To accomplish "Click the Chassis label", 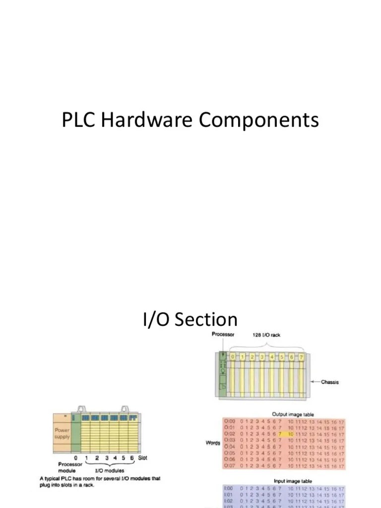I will [330, 382].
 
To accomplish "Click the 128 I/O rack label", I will [266, 335].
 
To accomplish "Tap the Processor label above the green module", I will [223, 334].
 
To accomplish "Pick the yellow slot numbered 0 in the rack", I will [232, 357].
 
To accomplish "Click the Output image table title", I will [293, 414].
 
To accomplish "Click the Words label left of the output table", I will [213, 443].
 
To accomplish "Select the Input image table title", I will [293, 481].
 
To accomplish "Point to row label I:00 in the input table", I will [229, 488].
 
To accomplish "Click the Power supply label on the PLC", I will [62, 434].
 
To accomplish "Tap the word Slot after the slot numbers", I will [143, 457].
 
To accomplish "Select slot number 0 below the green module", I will [75, 457].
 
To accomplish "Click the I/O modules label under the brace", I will [110, 470].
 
